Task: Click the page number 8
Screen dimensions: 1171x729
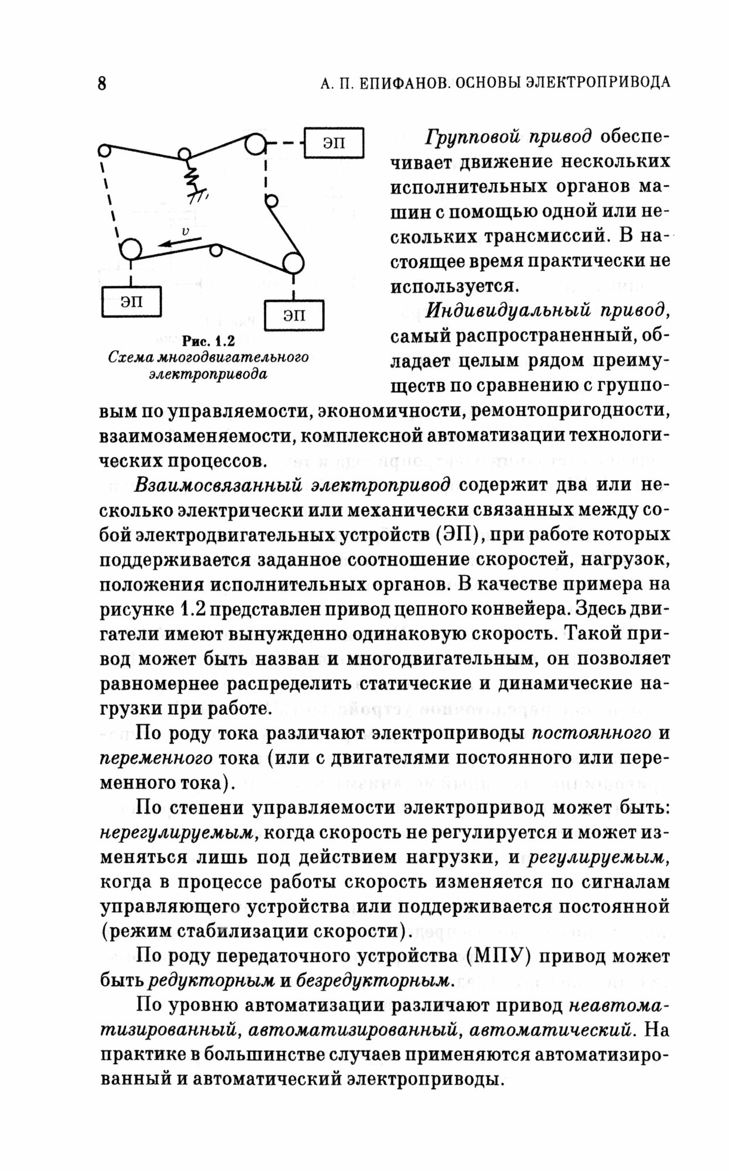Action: [x=102, y=83]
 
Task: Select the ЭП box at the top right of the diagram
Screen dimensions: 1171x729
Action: [x=334, y=143]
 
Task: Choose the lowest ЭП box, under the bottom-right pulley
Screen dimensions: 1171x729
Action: [x=294, y=316]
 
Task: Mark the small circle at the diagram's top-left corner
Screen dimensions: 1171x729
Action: [x=104, y=150]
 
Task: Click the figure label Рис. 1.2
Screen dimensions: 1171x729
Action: [x=208, y=341]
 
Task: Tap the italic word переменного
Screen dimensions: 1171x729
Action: [x=156, y=758]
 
